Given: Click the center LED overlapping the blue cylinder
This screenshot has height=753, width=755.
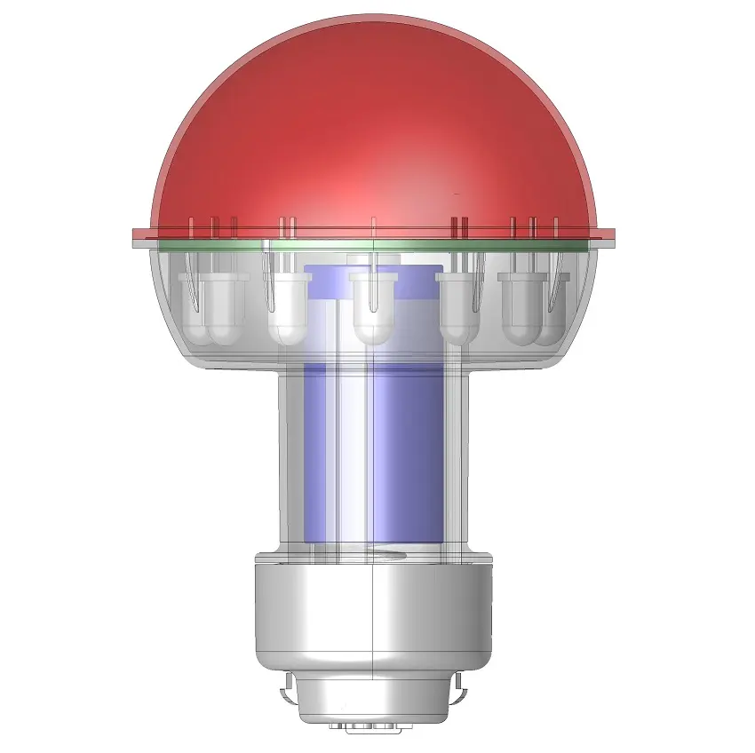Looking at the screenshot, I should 374,306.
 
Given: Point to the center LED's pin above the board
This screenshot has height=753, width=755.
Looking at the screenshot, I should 373,226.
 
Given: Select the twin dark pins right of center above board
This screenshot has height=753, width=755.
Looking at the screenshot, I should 459,227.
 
